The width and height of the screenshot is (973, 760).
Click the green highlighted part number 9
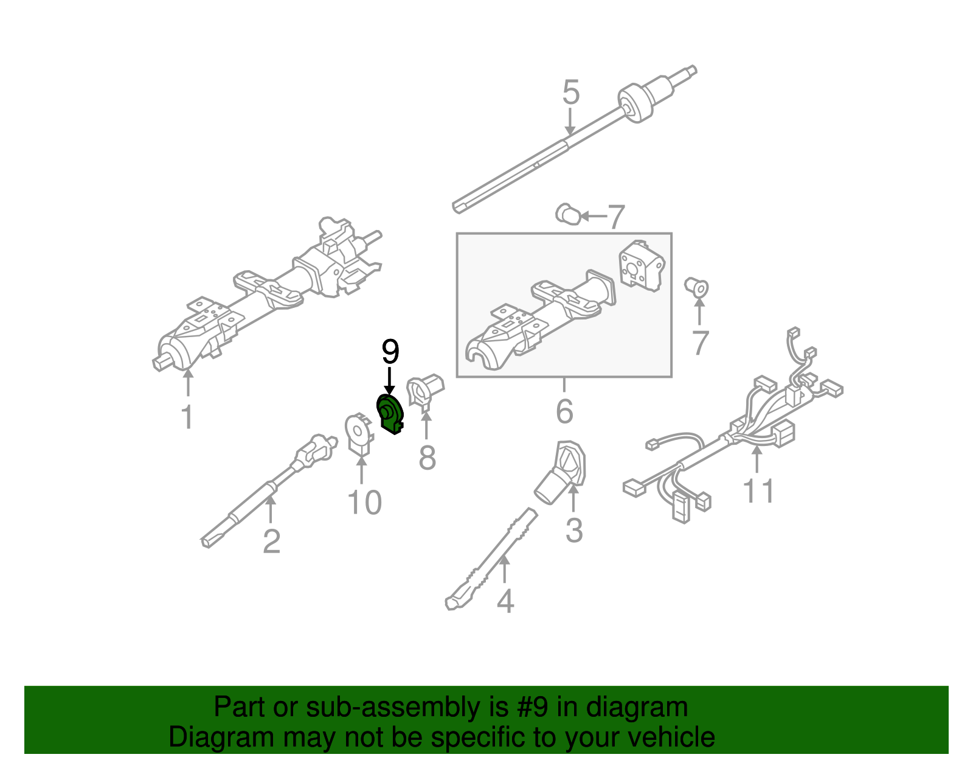[389, 413]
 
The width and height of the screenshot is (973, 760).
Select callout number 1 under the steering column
[187, 417]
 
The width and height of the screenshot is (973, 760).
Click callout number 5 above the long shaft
[570, 92]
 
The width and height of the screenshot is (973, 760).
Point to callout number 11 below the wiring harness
[758, 490]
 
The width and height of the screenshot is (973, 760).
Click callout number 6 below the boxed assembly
[564, 411]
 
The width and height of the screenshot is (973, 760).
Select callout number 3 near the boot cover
[573, 530]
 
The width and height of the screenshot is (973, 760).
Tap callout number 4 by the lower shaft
[505, 601]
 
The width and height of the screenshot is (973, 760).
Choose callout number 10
[364, 503]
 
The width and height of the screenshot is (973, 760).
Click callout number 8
[427, 457]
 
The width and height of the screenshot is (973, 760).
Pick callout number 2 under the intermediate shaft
[271, 541]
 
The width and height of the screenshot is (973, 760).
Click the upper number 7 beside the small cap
[616, 217]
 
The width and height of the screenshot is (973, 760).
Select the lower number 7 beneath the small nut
[700, 343]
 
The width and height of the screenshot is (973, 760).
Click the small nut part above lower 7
[697, 287]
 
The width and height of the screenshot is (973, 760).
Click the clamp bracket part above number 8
[424, 391]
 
